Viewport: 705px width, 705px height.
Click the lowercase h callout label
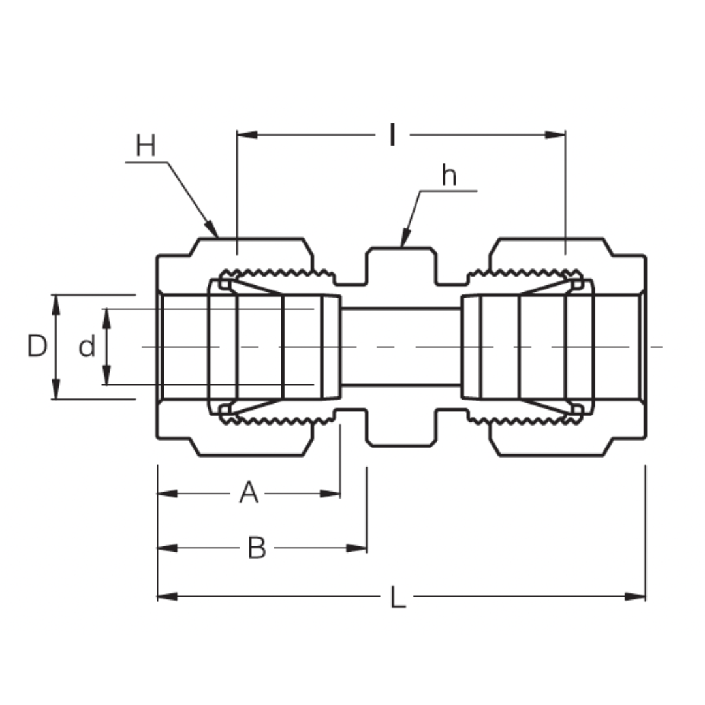click(449, 176)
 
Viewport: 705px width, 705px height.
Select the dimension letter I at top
click(392, 135)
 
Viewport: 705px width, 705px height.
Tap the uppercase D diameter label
click(37, 346)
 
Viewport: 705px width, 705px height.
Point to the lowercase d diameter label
click(87, 347)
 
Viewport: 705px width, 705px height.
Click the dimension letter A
click(249, 493)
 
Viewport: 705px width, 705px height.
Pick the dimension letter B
click(257, 548)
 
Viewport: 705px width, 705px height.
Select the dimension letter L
click(398, 597)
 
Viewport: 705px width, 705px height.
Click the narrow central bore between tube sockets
click(401, 347)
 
